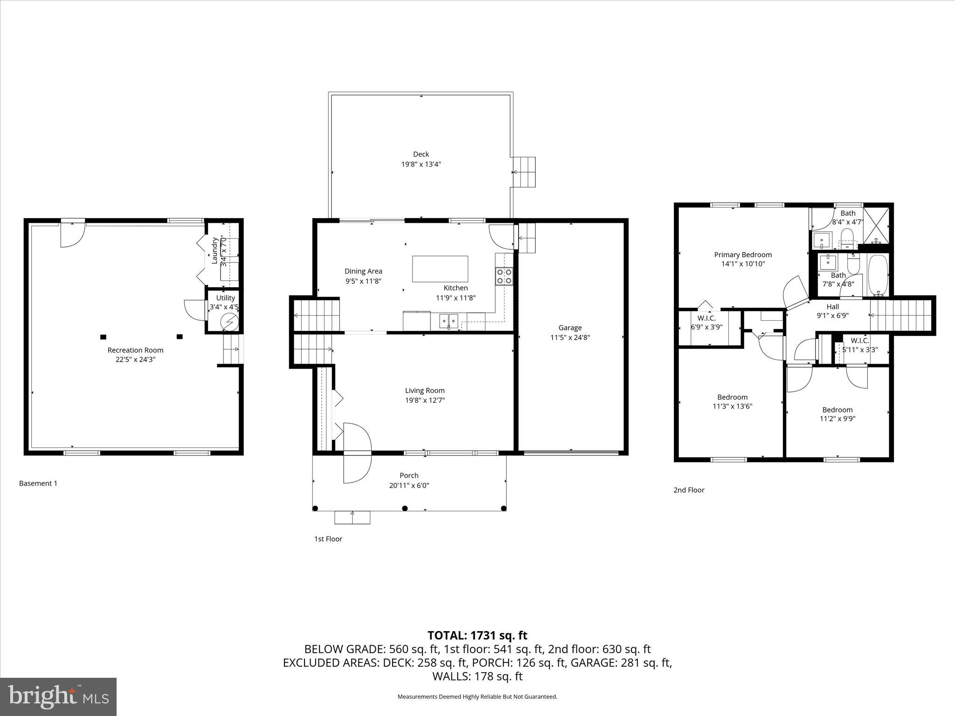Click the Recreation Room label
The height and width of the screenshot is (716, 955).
pos(135,350)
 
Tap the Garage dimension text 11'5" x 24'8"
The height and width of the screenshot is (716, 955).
pos(570,337)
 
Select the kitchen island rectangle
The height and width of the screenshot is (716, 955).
pos(440,268)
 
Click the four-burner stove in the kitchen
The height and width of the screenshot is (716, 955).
pos(504,275)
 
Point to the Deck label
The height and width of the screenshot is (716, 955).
pos(421,154)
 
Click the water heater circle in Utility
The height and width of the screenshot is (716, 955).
pos(229,322)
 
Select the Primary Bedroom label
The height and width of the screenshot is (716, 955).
pos(743,255)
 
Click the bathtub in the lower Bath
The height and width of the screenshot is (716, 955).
pos(879,275)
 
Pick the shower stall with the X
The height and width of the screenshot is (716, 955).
pos(876,225)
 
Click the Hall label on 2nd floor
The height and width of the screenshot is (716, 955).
pos(832,306)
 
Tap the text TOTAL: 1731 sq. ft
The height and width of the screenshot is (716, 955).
pos(477,635)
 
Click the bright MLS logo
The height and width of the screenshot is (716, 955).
pos(58,696)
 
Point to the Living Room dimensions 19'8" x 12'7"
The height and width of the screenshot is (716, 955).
pos(424,400)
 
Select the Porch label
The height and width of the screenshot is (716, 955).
pos(409,475)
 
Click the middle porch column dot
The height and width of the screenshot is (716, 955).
pos(405,508)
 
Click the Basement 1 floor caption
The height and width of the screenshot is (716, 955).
pos(38,483)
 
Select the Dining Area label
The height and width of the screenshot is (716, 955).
pos(363,271)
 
